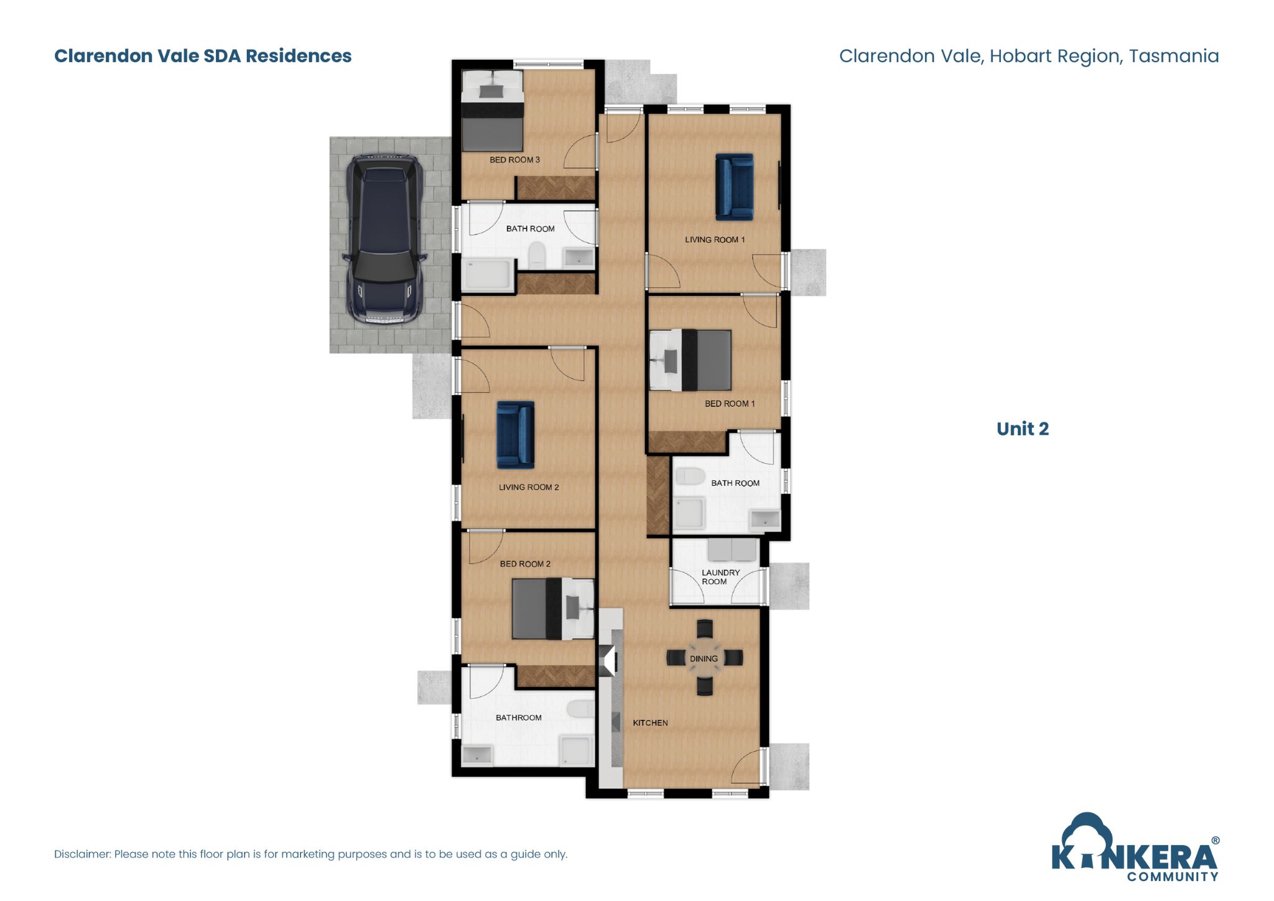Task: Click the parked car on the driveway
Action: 385,240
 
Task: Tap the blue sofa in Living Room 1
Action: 734,187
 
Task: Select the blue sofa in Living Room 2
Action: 515,434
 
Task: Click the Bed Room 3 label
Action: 514,160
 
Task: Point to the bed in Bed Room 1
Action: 690,360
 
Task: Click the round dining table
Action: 704,658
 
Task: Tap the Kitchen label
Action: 650,723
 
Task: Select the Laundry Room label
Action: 720,577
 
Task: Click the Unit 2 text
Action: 1022,429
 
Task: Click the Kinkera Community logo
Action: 1134,849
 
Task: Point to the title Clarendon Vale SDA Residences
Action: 203,56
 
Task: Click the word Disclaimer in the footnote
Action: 82,854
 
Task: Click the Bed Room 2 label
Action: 525,564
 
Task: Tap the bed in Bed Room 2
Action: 552,609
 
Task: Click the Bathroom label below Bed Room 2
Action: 518,717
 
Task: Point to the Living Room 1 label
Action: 714,240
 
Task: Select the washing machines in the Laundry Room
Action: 732,550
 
